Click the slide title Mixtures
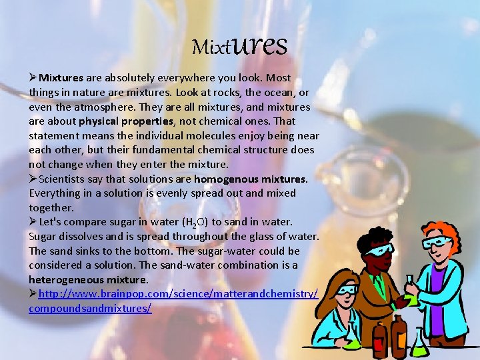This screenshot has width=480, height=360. [239, 45]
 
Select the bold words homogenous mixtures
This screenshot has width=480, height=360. [250, 179]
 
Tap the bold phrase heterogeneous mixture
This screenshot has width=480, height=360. [88, 279]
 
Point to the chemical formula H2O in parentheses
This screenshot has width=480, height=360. [195, 222]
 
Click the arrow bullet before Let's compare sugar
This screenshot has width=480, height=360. [33, 221]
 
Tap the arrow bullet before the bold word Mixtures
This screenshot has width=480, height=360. [33, 78]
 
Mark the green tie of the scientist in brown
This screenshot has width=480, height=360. [380, 284]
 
